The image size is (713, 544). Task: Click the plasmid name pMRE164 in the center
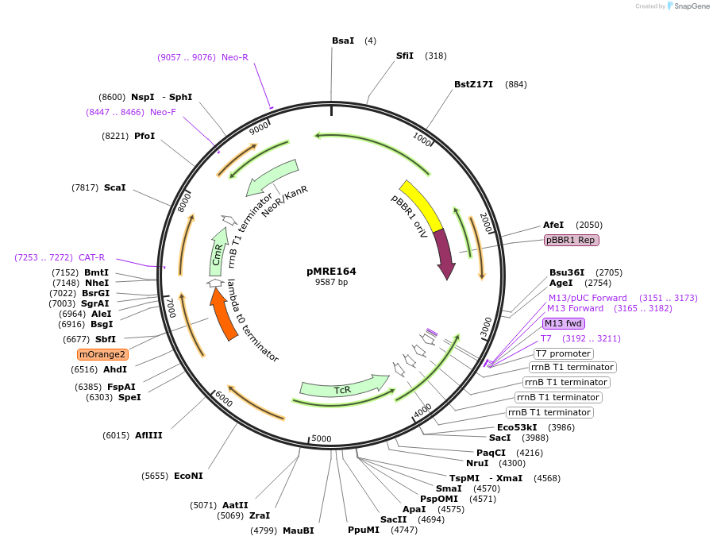331,271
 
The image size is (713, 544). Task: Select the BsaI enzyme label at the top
343,41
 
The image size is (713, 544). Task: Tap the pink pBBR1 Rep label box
571,240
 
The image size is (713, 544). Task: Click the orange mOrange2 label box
102,354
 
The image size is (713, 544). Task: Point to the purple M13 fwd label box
563,323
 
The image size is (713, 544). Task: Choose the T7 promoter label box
563,353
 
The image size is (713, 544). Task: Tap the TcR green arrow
343,388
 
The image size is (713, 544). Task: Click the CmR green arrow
218,251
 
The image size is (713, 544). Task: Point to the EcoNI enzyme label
188,476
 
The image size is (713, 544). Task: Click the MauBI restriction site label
298,530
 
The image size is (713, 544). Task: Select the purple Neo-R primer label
234,57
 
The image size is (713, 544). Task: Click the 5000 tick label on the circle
321,438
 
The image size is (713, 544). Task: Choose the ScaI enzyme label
114,187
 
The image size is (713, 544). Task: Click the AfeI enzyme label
553,225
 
